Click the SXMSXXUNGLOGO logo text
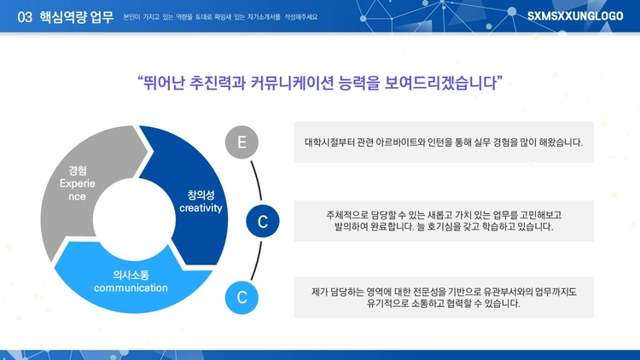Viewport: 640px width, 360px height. (x=575, y=16)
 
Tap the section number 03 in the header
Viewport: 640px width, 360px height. (x=25, y=17)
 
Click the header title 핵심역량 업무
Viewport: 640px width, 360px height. (x=76, y=17)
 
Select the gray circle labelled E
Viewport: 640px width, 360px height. (x=241, y=142)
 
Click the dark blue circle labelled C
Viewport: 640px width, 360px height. (x=263, y=221)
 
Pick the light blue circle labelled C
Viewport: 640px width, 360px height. (x=241, y=298)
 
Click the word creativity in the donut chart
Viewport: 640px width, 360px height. (x=201, y=208)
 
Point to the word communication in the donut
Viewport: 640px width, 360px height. (x=131, y=287)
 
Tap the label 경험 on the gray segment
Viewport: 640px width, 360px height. (x=78, y=171)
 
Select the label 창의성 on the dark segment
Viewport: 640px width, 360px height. (x=201, y=195)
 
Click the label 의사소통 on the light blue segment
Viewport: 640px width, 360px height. (x=131, y=275)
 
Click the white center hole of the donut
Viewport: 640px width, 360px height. (x=134, y=219)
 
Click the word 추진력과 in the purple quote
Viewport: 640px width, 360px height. (x=217, y=84)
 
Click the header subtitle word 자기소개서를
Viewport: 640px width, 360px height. (x=264, y=17)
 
